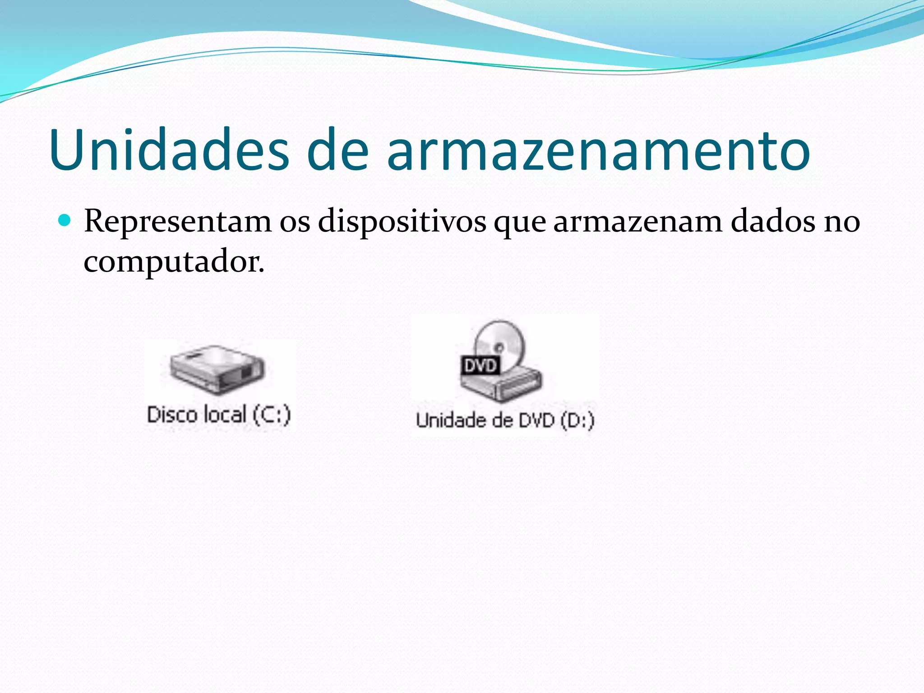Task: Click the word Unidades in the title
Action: coord(169,150)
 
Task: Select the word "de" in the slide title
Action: coord(337,150)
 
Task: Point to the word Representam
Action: coord(178,222)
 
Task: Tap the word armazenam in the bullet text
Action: coord(638,222)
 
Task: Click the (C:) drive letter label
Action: coord(271,415)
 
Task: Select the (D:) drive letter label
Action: coord(577,420)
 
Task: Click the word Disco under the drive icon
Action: coord(172,415)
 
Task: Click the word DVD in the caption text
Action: coord(536,420)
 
